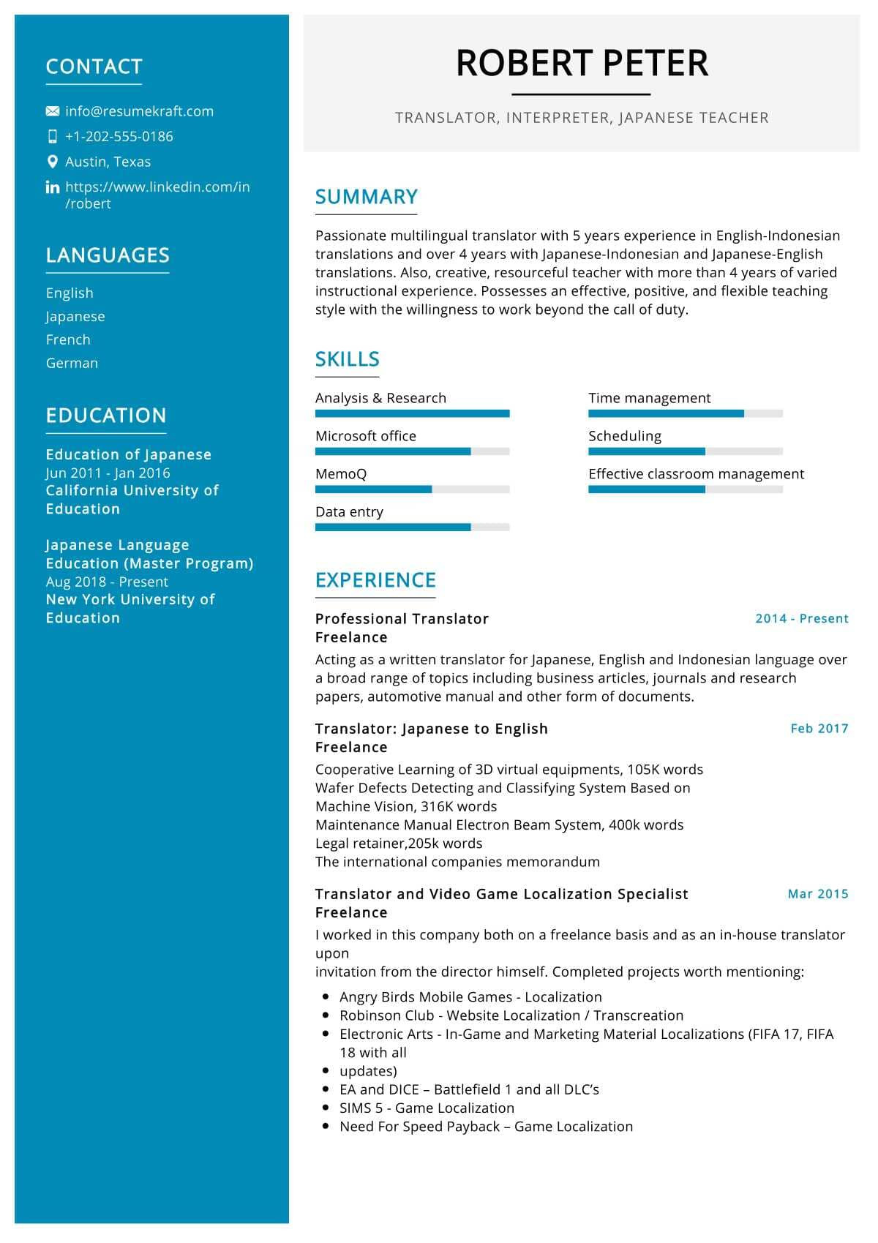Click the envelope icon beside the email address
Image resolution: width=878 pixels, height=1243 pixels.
[x=53, y=111]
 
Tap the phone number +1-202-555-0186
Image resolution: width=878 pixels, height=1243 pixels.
[x=119, y=136]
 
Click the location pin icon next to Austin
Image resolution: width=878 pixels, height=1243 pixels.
[x=53, y=162]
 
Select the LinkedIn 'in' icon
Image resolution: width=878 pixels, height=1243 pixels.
[x=53, y=187]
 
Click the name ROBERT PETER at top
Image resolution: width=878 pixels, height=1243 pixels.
[x=582, y=63]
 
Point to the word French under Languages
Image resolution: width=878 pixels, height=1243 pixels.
[x=68, y=339]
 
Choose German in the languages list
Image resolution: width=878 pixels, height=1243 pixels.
[x=72, y=363]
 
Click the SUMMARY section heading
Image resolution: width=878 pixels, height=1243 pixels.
[x=366, y=197]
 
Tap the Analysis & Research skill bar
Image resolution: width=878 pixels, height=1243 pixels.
[x=412, y=413]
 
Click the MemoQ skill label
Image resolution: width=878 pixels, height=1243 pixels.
[x=341, y=474]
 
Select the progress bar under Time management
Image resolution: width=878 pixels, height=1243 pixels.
[x=685, y=413]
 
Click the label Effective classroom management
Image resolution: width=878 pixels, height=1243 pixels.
[x=696, y=474]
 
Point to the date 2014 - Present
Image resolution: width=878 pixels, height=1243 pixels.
[x=801, y=618]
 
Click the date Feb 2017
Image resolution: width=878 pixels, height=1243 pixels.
[x=819, y=728]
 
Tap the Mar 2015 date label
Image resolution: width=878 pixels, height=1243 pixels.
[x=817, y=893]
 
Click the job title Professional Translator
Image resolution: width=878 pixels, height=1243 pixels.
[x=402, y=618]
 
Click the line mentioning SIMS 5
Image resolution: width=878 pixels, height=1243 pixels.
[x=427, y=1108]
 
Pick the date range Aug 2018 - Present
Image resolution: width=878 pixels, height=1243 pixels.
[x=107, y=582]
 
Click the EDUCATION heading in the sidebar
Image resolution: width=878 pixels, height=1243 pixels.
[x=106, y=416]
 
